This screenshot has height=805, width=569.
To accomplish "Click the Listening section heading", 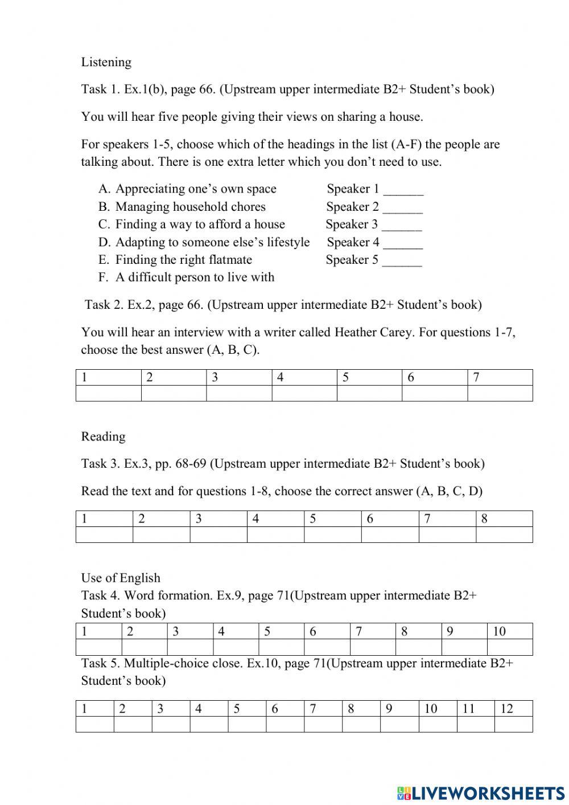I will [106, 62].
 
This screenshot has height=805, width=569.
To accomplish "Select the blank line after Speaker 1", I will [403, 190].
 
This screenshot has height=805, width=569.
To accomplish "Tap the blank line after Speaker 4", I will [403, 243].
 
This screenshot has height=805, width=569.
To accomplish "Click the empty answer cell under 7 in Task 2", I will [500, 394].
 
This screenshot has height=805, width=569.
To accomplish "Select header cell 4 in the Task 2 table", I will [304, 377].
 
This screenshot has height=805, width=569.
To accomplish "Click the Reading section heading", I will [103, 436].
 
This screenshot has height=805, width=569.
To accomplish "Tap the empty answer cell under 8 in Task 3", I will [504, 535].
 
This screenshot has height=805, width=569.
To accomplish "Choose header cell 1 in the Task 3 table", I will [104, 518].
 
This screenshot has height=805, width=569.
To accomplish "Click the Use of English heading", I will [121, 578].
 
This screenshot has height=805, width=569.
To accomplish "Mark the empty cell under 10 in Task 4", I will [510, 647].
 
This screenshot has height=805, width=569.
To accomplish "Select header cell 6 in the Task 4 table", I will [327, 631].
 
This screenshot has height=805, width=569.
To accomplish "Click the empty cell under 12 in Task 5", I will [513, 725].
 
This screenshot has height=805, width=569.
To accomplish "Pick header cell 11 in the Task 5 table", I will [475, 709].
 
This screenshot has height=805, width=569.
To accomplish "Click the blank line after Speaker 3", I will [402, 226].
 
